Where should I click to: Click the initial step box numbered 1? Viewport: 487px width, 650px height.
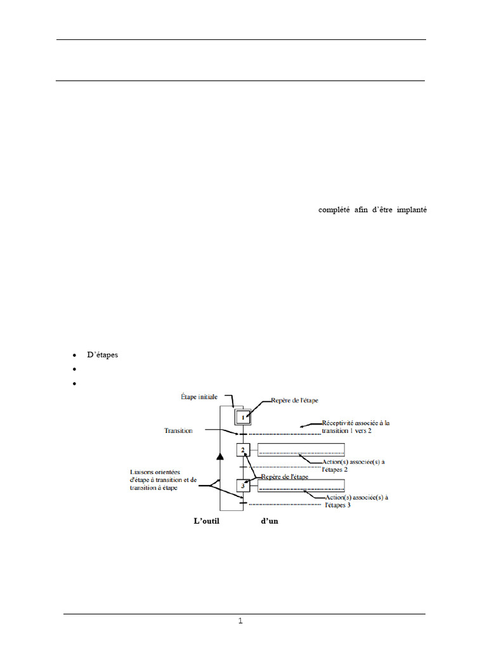[243, 417]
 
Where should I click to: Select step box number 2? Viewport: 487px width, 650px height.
[243, 450]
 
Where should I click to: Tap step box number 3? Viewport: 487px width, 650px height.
[243, 486]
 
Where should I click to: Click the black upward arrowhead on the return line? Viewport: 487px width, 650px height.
[221, 456]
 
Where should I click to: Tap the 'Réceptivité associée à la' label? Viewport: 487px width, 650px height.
[356, 422]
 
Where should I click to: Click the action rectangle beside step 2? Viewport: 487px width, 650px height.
[301, 450]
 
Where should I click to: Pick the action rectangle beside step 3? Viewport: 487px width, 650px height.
[301, 486]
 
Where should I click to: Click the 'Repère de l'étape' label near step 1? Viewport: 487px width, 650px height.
[295, 401]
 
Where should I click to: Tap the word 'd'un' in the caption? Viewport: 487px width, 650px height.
[269, 522]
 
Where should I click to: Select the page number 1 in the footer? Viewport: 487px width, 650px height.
[241, 621]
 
